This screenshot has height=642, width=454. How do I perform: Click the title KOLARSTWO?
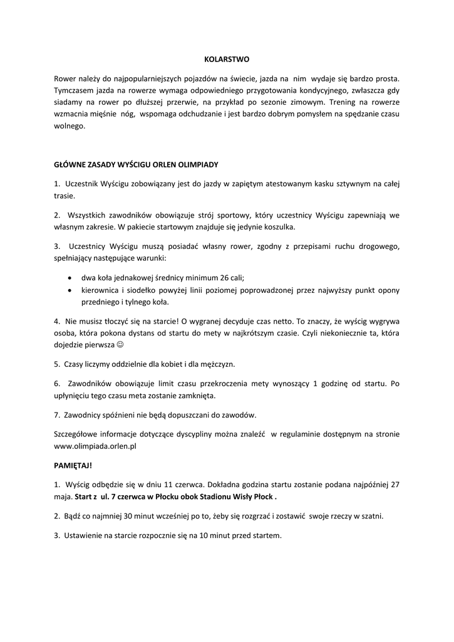pos(227,60)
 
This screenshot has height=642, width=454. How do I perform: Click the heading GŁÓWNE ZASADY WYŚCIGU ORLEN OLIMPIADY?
pos(136,165)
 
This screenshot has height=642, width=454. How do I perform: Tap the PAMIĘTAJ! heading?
pos(73,466)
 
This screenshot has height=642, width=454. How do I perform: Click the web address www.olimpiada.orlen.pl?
pos(95,446)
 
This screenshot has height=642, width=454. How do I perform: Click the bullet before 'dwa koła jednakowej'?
pos(68,278)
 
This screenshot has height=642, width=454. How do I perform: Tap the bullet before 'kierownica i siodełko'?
pos(68,290)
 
